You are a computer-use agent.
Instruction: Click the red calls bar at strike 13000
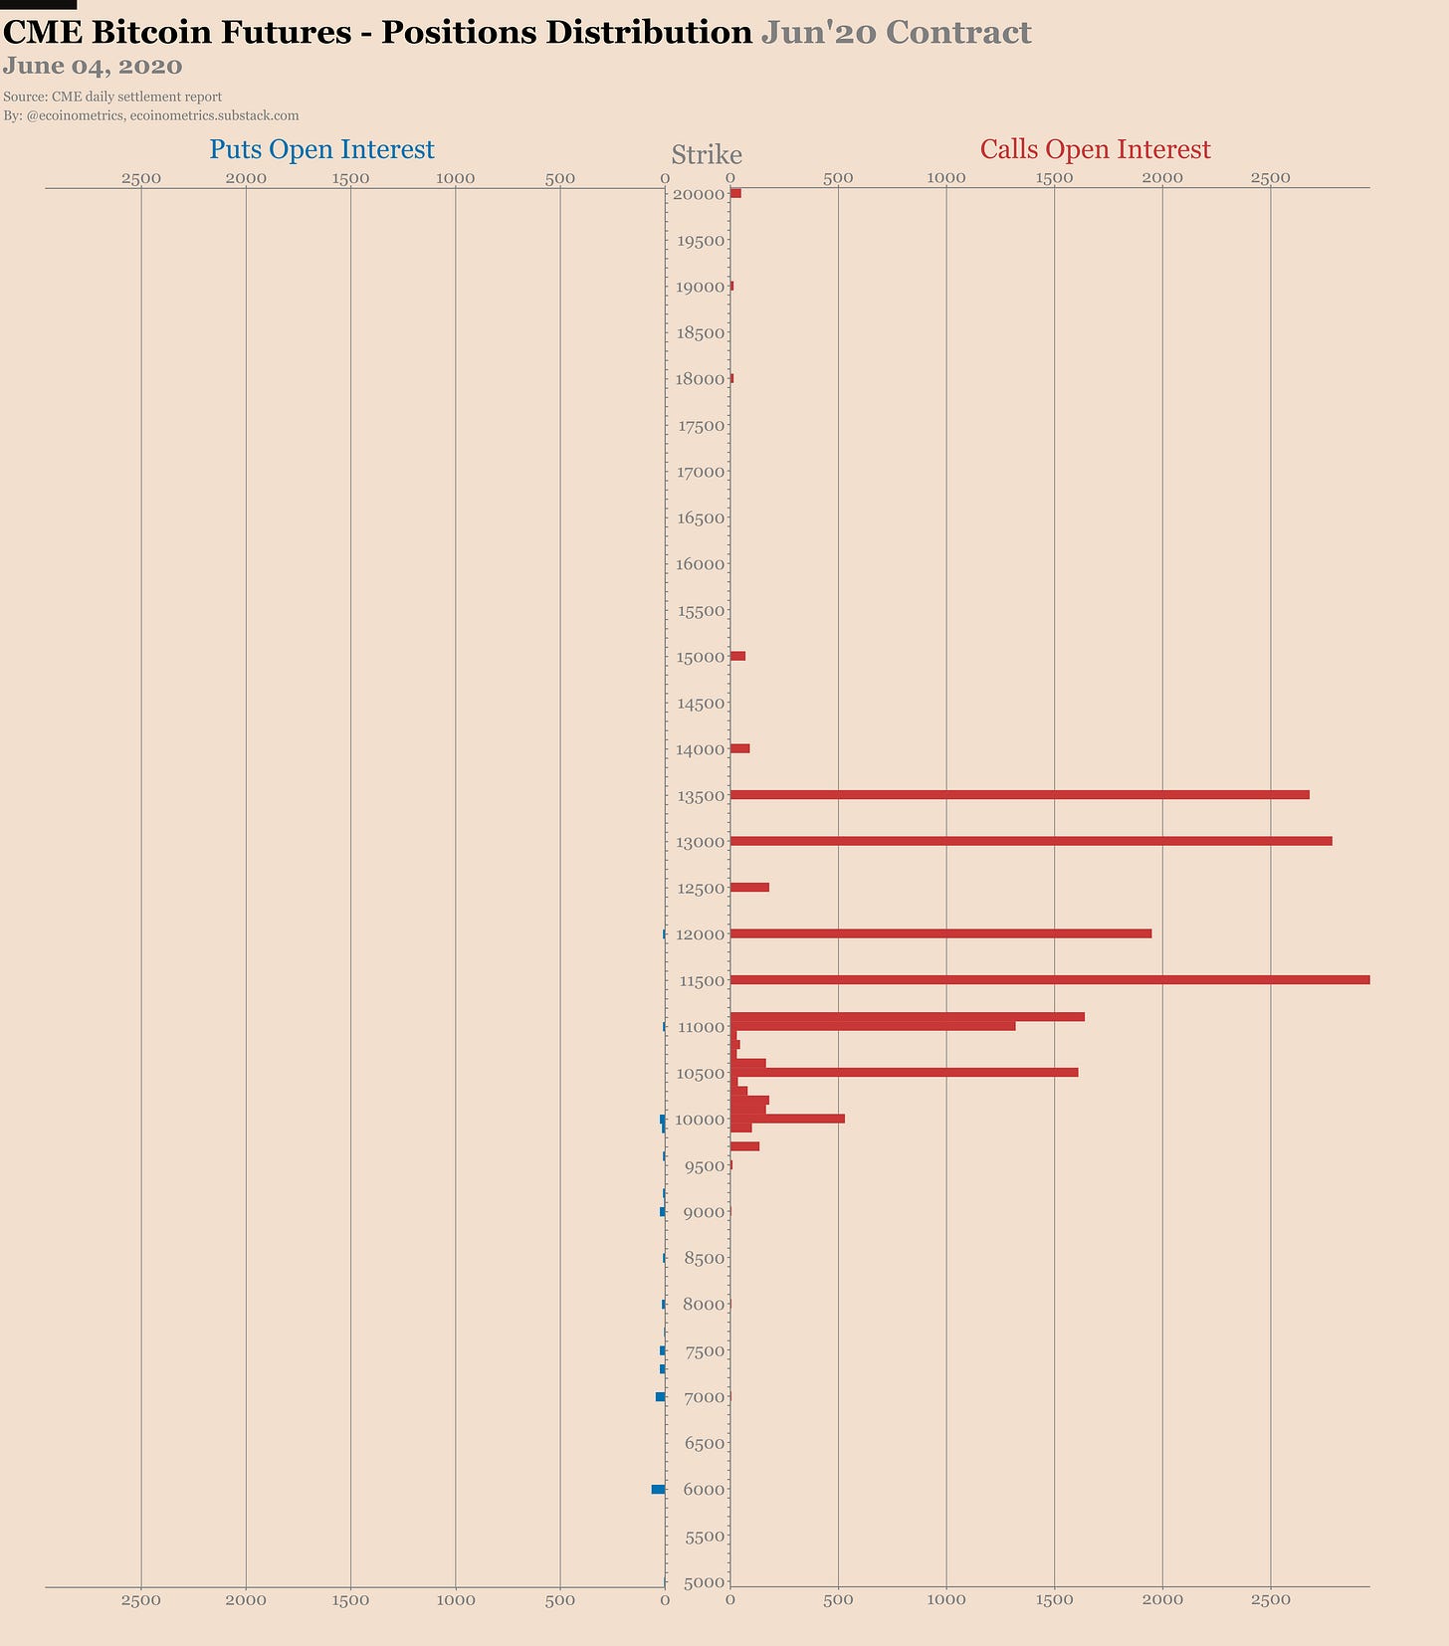coord(1030,841)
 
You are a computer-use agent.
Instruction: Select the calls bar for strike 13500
coord(1019,794)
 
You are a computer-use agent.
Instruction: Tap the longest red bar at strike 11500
coord(1049,980)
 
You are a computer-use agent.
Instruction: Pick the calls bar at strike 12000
coord(940,933)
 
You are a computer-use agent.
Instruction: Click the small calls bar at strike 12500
coord(749,887)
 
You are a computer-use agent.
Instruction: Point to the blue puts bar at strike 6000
coord(658,1489)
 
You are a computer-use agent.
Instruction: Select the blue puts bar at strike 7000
coord(660,1396)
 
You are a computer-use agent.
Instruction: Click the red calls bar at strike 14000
coord(739,748)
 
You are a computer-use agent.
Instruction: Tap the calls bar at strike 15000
coord(737,656)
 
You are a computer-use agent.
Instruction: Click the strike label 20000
coord(698,194)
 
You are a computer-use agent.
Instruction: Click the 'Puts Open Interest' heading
coord(321,149)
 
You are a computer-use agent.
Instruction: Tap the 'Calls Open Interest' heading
coord(1095,149)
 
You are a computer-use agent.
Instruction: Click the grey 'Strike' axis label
coord(707,155)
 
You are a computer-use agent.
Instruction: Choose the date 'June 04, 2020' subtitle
coord(93,67)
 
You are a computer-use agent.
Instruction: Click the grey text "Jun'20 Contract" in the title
coord(896,33)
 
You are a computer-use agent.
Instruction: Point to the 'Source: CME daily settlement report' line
coord(112,97)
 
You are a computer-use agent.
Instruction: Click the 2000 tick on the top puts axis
coord(246,178)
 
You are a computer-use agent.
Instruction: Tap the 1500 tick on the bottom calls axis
coord(1054,1599)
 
